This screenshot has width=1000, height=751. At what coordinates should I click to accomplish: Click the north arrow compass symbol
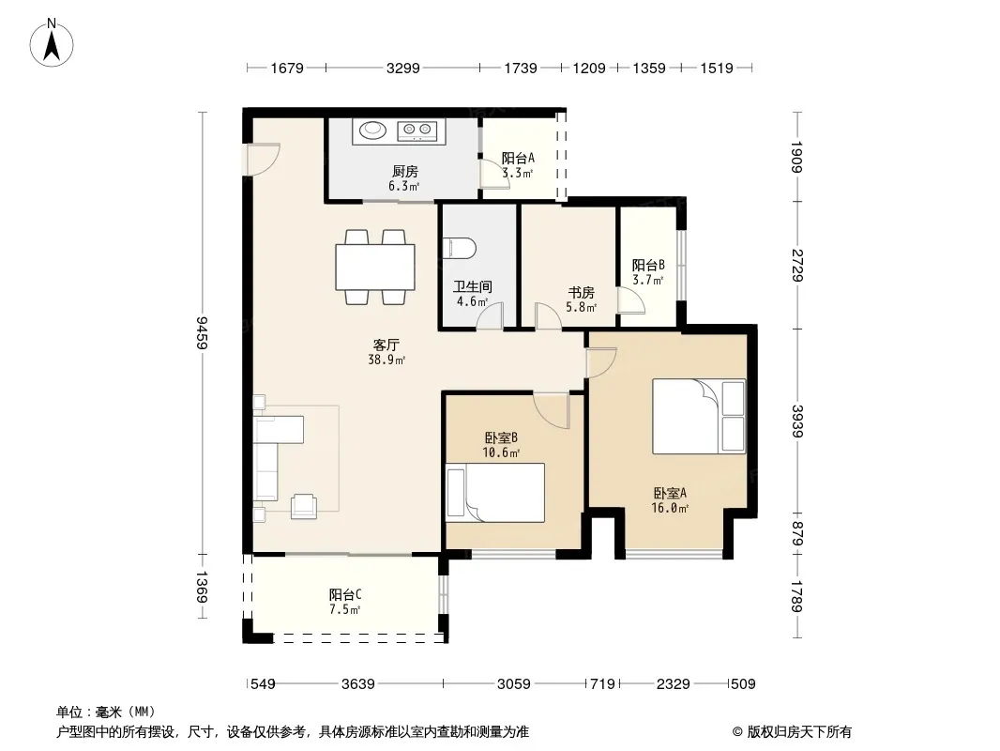[52, 43]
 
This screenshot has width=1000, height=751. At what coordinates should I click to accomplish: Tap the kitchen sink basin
[372, 130]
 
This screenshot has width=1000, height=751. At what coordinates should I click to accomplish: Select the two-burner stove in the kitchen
[417, 130]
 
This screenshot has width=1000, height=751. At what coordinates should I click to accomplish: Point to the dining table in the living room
[375, 267]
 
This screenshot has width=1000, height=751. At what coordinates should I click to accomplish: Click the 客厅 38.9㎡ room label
[386, 352]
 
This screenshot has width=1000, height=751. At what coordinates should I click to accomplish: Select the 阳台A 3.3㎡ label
[517, 165]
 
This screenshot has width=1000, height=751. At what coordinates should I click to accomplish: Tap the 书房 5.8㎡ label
[581, 299]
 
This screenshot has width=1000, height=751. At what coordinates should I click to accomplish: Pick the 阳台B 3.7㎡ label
[648, 272]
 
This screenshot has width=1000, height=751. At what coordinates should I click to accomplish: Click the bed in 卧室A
[698, 416]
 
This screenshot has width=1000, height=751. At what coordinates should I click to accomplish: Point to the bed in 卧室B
[495, 493]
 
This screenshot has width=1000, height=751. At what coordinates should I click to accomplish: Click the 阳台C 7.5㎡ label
[345, 602]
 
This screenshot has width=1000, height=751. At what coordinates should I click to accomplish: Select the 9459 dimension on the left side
[202, 332]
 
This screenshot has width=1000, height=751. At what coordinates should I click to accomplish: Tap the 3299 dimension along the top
[403, 68]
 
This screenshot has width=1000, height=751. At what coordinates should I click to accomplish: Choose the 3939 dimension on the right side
[796, 421]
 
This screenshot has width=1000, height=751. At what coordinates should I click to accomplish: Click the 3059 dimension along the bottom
[513, 684]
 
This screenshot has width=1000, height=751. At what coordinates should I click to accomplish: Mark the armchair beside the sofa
[304, 506]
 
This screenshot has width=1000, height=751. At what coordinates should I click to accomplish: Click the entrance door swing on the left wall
[264, 159]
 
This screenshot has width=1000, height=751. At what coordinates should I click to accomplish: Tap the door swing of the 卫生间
[491, 315]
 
